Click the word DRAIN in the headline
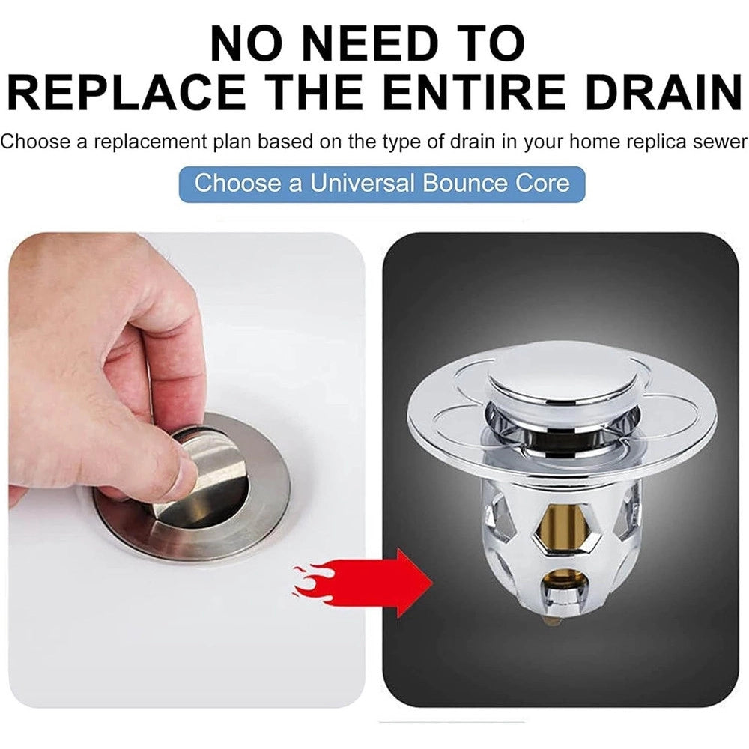[x=664, y=93]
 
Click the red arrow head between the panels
[x=413, y=583]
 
